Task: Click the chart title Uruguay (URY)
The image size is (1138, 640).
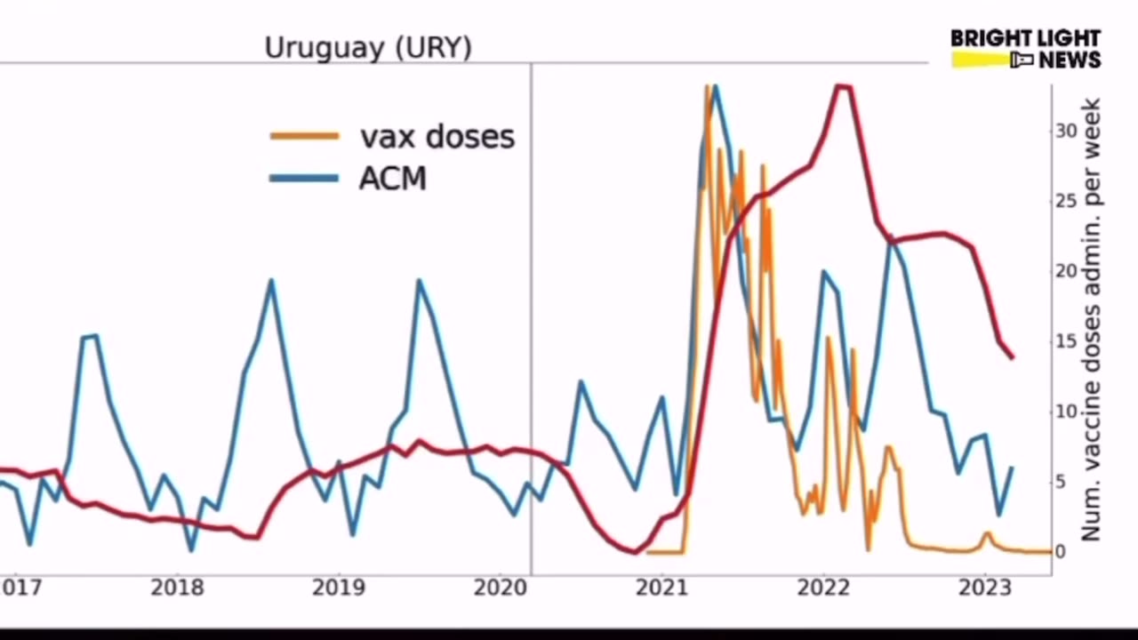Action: point(368,47)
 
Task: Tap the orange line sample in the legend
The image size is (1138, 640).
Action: point(304,136)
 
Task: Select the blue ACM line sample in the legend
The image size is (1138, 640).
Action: point(304,178)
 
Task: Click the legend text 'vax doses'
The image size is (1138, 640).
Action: point(437,136)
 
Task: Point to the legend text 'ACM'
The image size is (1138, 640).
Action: point(392,178)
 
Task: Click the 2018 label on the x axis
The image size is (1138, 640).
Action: point(177,588)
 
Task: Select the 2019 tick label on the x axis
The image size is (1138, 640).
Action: point(339,588)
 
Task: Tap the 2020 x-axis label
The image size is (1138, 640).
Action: point(501,588)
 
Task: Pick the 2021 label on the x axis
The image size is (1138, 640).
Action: point(661,588)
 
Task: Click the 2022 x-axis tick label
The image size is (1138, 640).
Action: point(822,588)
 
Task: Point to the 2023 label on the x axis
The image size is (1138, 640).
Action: point(983,588)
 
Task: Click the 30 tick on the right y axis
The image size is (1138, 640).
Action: point(1065,131)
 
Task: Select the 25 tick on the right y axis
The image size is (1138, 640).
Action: point(1065,201)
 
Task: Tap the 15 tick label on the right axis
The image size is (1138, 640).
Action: point(1065,341)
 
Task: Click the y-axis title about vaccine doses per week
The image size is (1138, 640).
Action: point(1092,320)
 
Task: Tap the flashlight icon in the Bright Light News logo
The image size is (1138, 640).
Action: point(1021,60)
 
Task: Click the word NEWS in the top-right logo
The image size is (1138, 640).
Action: point(1070,60)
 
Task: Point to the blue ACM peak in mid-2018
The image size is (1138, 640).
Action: point(271,281)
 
